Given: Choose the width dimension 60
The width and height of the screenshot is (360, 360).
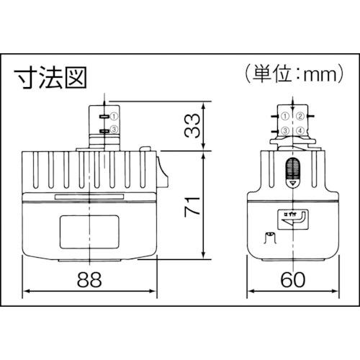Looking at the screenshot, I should tap(292, 276).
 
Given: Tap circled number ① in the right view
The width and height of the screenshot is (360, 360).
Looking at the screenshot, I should tap(286, 116).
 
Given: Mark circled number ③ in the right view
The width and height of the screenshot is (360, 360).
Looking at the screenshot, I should tap(286, 130).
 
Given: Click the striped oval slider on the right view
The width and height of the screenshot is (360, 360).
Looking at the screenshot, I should tap(293, 170).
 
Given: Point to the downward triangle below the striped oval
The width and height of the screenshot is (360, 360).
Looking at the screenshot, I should tap(293, 185).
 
